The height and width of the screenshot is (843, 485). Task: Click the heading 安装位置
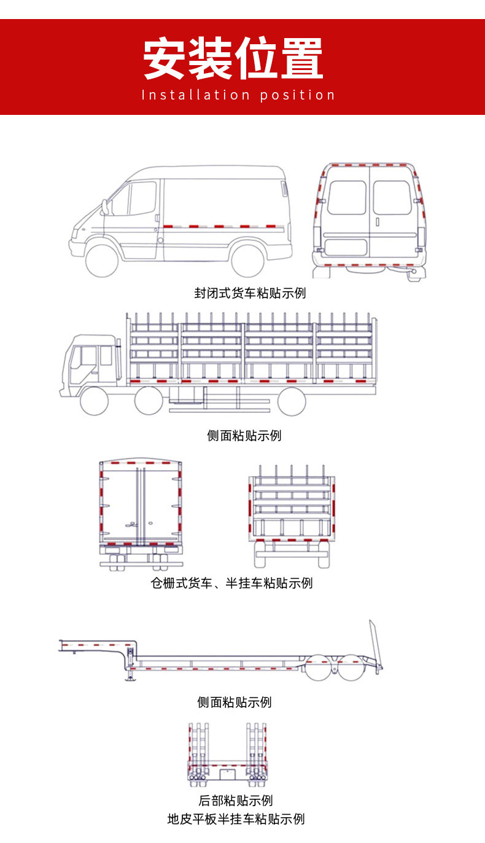(233, 59)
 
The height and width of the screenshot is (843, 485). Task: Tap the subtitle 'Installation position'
(238, 95)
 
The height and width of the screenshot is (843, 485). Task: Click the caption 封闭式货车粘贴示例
(250, 293)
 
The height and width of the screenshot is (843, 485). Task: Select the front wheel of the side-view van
(101, 260)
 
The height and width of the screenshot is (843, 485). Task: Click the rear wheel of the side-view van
(247, 260)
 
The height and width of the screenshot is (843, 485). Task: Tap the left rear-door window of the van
(346, 197)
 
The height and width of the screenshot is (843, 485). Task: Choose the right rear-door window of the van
(392, 197)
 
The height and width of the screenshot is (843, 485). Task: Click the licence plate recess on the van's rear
(345, 248)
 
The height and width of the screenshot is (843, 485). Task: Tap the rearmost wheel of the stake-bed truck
(291, 402)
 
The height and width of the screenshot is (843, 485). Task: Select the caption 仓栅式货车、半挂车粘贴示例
(232, 582)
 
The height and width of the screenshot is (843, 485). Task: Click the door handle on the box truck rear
(131, 524)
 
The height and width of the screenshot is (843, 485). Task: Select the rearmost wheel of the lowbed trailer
(351, 668)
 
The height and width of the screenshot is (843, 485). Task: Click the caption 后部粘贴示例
(235, 801)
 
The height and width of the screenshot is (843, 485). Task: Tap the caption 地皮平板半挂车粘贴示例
(236, 819)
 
